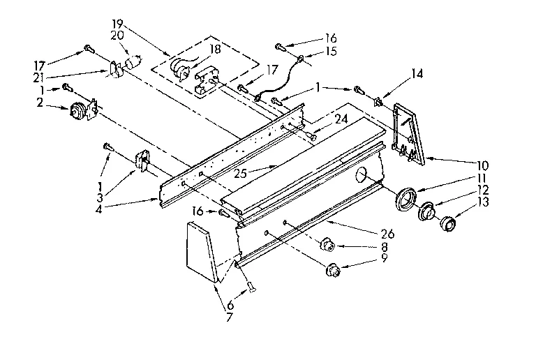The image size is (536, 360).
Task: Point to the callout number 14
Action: (417, 73)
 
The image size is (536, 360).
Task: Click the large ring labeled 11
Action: (405, 197)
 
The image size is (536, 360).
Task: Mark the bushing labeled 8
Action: (326, 246)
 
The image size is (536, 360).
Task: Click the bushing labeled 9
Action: (333, 269)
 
